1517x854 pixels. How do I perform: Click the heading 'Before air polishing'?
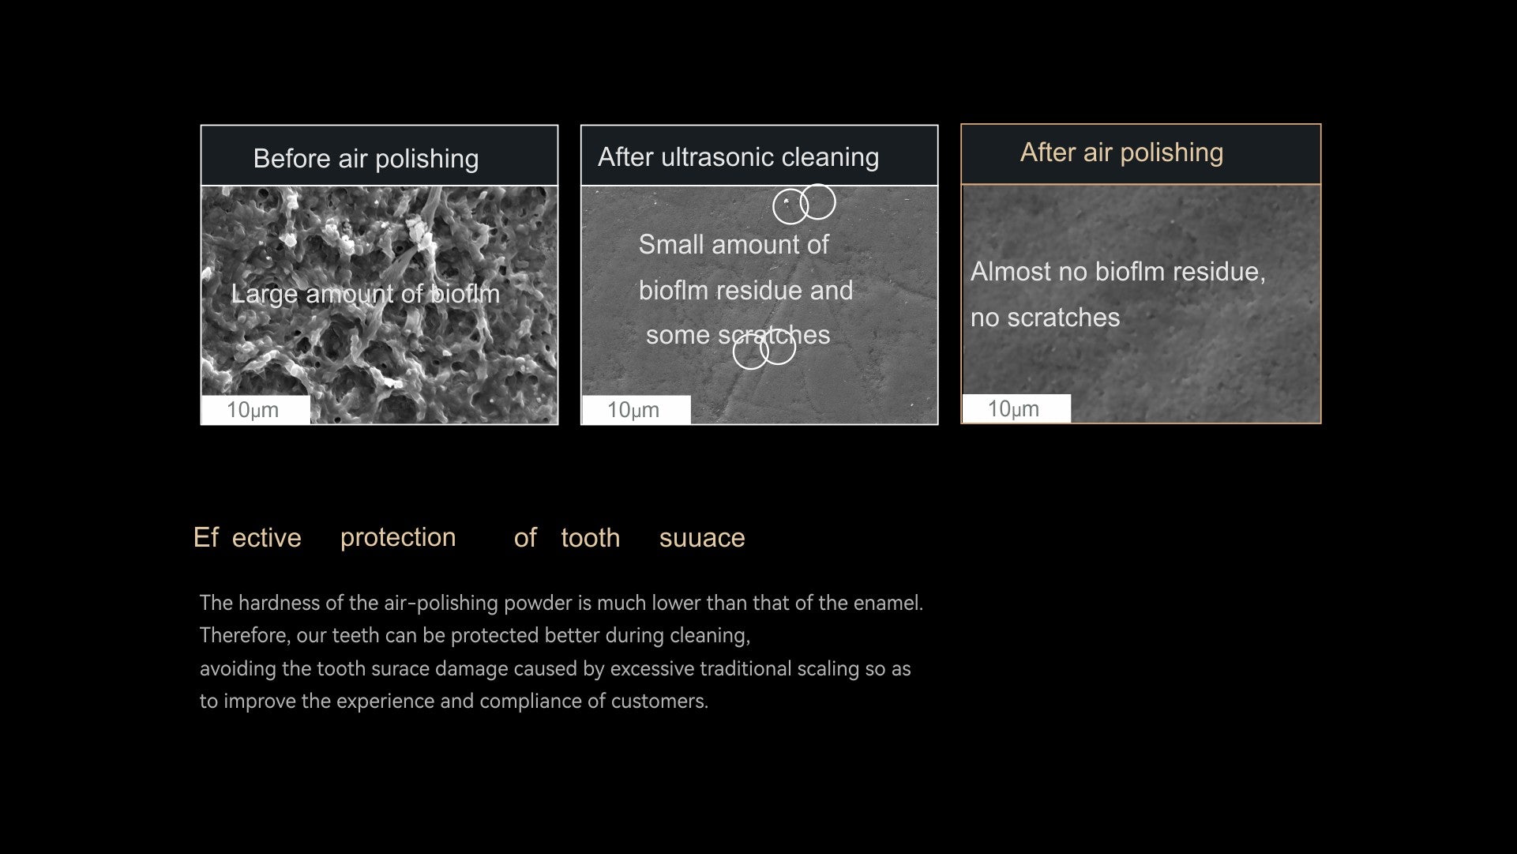pos(366,159)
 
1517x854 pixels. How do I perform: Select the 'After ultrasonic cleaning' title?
pos(738,157)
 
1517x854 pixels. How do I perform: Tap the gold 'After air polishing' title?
pos(1121,152)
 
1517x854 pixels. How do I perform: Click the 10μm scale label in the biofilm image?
pos(253,410)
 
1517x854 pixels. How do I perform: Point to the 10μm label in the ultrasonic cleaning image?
pos(633,410)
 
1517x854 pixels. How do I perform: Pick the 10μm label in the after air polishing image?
pos(1014,409)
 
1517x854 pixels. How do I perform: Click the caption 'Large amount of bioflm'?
pos(365,294)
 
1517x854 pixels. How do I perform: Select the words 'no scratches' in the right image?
pos(1045,318)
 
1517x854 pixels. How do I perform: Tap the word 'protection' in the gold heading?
pos(398,537)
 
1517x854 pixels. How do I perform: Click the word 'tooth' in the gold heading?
pos(590,538)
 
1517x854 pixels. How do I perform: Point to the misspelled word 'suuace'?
pos(702,538)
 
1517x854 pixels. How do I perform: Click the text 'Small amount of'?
pos(734,245)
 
